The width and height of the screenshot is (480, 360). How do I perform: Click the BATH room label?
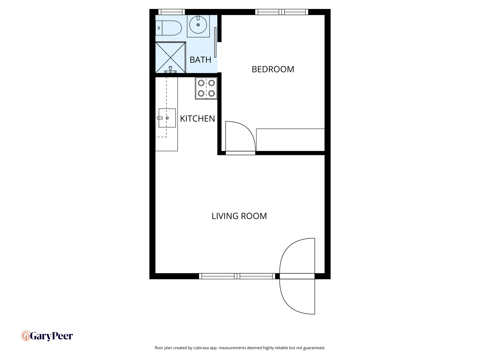click(x=200, y=60)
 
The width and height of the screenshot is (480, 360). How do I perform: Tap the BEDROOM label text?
click(x=273, y=69)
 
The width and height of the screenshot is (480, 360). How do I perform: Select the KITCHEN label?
click(x=197, y=119)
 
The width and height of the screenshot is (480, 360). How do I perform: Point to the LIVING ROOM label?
click(x=239, y=216)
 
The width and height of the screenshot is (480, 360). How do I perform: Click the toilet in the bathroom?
click(x=169, y=28)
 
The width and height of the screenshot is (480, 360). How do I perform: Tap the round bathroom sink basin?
click(x=198, y=25)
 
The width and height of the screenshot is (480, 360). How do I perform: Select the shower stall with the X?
click(x=170, y=57)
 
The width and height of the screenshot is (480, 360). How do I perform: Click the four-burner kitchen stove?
click(x=206, y=88)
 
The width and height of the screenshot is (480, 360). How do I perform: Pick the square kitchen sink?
click(x=167, y=118)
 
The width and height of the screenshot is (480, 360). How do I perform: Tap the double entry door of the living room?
click(x=297, y=276)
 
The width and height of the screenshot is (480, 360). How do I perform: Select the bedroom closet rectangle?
click(x=290, y=140)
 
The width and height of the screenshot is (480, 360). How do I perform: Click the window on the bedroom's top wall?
click(x=282, y=12)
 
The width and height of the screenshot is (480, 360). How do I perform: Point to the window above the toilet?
click(x=171, y=12)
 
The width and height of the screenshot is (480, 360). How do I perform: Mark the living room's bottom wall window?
click(x=237, y=276)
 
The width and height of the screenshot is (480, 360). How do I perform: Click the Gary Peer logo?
click(x=47, y=336)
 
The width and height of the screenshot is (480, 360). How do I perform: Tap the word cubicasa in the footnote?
click(x=201, y=348)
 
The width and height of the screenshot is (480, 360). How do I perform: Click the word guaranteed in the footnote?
click(x=314, y=348)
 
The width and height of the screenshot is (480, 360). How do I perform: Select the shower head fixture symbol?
click(x=170, y=70)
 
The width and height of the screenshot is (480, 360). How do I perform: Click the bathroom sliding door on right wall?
click(x=216, y=42)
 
